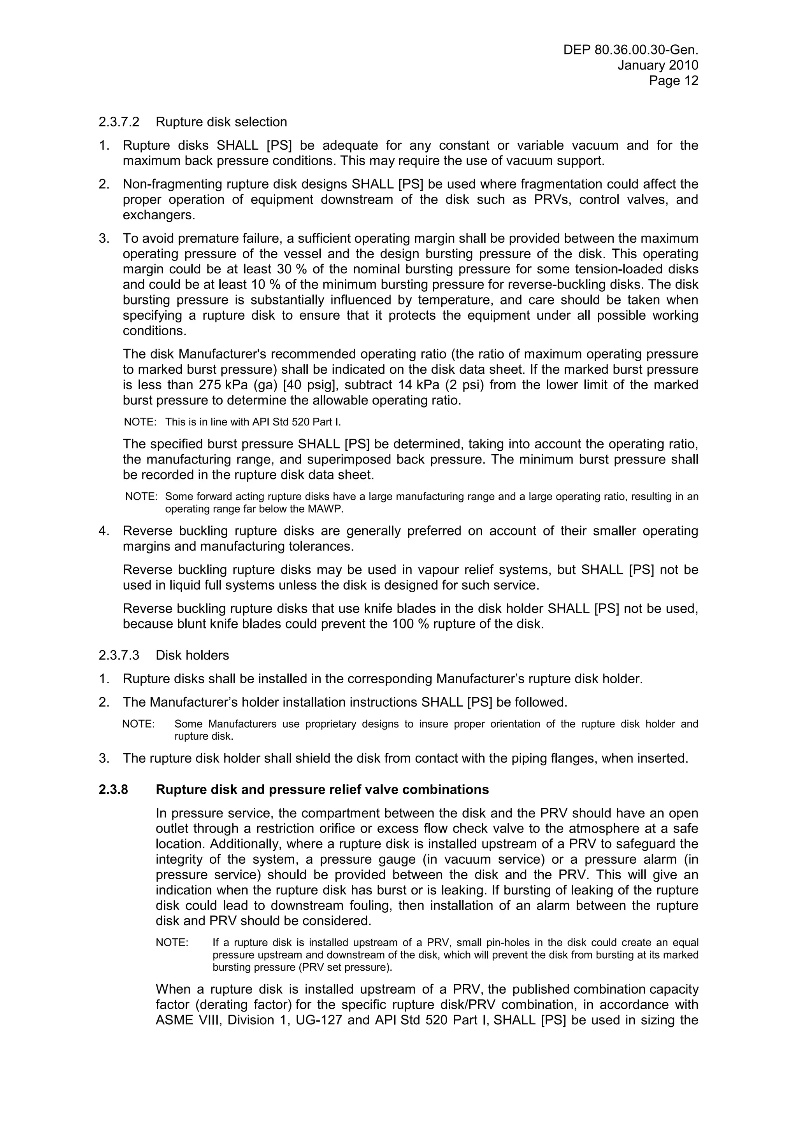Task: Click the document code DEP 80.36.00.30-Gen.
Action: (630, 49)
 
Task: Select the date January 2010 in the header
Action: (658, 65)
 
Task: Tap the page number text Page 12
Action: (673, 80)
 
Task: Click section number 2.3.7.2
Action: (119, 122)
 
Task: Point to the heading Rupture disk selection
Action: (221, 122)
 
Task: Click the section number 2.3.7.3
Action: (119, 655)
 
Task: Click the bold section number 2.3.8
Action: (113, 789)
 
